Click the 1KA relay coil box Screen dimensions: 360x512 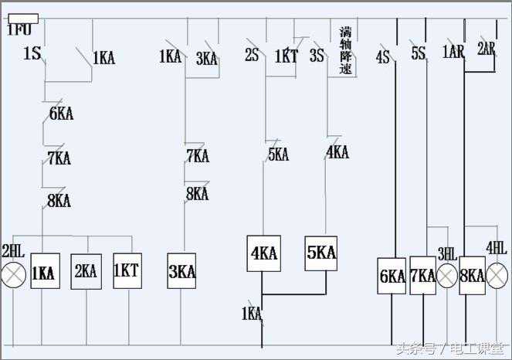tap(45, 271)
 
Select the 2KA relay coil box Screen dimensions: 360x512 tap(86, 271)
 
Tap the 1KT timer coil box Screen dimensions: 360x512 tap(127, 271)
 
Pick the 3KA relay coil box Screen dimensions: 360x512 tap(182, 271)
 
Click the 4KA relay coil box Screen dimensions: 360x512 tap(263, 253)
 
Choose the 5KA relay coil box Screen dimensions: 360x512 tap(320, 253)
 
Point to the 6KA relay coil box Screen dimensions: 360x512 tap(392, 276)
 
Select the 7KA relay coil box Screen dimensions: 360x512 tap(422, 276)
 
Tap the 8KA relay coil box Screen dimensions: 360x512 tap(471, 276)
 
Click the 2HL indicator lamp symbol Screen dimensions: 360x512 tap(13, 274)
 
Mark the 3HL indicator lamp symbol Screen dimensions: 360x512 tap(447, 276)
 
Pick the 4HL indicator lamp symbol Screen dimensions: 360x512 tap(497, 276)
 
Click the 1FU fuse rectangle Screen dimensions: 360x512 tap(22, 19)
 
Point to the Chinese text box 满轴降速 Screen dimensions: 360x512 tap(345, 51)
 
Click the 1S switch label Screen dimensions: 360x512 tap(32, 54)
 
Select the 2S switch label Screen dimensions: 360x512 tap(252, 56)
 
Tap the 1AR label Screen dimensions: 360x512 tap(453, 52)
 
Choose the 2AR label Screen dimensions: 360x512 tap(486, 48)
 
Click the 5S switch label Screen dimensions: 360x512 tap(418, 53)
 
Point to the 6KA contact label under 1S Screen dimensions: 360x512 tap(61, 114)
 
